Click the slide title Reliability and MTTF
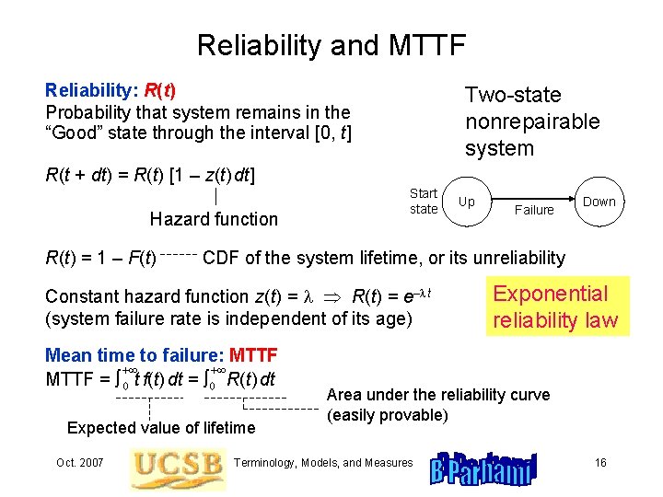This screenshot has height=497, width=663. tap(331, 44)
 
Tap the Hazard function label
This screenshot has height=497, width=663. tap(214, 219)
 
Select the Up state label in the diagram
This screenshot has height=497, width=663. tap(467, 202)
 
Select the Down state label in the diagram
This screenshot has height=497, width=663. tap(599, 202)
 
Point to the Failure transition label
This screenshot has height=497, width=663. tap(534, 210)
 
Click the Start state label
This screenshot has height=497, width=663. tap(424, 202)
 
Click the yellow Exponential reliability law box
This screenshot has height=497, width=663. tap(560, 306)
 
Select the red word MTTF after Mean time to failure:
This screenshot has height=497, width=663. tap(253, 355)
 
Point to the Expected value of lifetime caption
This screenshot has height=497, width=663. tap(161, 427)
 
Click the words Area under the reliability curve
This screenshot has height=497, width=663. tap(437, 395)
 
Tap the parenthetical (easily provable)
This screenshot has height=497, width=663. tap(388, 415)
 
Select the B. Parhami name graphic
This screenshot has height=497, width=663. tap(483, 468)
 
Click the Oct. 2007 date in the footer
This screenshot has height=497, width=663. tap(79, 462)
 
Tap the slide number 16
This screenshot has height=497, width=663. tap(600, 462)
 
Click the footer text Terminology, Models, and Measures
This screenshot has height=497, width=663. tap(325, 462)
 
